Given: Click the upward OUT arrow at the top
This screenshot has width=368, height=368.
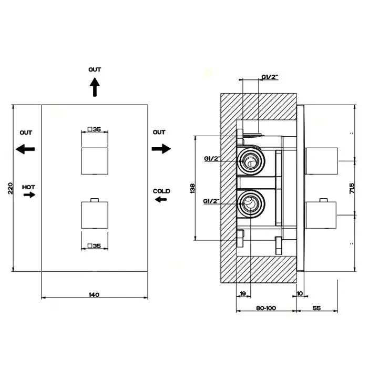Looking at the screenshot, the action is pyautogui.click(x=95, y=87).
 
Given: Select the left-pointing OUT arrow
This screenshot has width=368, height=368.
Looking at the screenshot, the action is pyautogui.click(x=25, y=149).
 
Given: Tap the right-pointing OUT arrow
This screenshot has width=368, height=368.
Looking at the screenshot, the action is pyautogui.click(x=161, y=149).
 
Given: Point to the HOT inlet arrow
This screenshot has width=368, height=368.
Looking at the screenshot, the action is pyautogui.click(x=29, y=195).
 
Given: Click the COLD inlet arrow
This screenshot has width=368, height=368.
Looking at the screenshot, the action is pyautogui.click(x=161, y=200).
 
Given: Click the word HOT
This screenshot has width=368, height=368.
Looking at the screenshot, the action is pyautogui.click(x=28, y=187).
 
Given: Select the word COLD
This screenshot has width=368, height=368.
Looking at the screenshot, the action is pyautogui.click(x=161, y=191).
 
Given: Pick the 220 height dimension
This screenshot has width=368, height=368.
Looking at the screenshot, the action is pyautogui.click(x=11, y=188).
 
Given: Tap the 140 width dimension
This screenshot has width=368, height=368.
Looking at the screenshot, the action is pyautogui.click(x=94, y=294).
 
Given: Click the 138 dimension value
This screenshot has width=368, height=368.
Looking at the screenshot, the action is pyautogui.click(x=192, y=188).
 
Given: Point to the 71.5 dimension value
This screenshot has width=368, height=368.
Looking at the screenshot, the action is pyautogui.click(x=352, y=188).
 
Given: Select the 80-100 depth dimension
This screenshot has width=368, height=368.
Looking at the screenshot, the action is pyautogui.click(x=266, y=308).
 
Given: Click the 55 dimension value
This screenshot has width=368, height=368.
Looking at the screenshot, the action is pyautogui.click(x=316, y=308).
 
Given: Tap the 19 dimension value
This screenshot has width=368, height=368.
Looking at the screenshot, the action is pyautogui.click(x=243, y=293).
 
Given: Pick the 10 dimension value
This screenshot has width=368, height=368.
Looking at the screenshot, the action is pyautogui.click(x=300, y=293).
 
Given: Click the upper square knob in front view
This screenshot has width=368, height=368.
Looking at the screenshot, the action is pyautogui.click(x=95, y=161).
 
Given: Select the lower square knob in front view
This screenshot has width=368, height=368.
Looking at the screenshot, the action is pyautogui.click(x=95, y=214).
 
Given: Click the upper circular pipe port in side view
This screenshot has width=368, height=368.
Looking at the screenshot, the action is pyautogui.click(x=251, y=161).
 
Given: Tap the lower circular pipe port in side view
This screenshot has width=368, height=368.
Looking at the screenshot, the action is pyautogui.click(x=251, y=204).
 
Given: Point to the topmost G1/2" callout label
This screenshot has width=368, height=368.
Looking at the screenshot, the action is pyautogui.click(x=270, y=77).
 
